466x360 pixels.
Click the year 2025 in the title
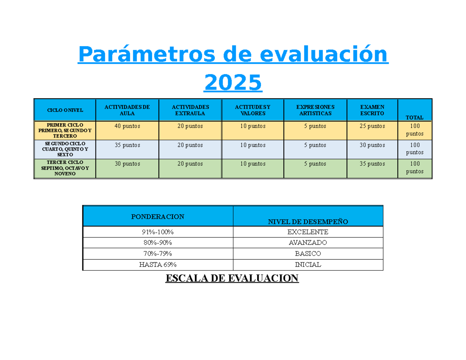(x=233, y=82)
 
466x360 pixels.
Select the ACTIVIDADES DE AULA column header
(x=127, y=110)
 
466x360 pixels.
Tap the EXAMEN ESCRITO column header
(x=372, y=110)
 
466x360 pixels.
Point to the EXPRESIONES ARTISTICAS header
(x=315, y=110)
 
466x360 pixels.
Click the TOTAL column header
(x=414, y=117)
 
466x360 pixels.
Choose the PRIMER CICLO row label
(x=65, y=130)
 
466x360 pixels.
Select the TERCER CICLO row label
(x=65, y=168)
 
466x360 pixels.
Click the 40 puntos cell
(x=127, y=126)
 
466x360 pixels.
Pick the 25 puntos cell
(x=372, y=126)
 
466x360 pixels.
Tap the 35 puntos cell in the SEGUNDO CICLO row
(x=127, y=145)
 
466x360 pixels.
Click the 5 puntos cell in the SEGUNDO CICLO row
(x=315, y=145)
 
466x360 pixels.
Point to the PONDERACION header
(x=158, y=216)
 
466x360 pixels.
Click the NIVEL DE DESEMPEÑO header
(x=308, y=222)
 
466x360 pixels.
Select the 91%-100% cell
(x=158, y=232)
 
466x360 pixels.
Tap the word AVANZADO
(x=308, y=243)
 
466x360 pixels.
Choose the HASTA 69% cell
(x=158, y=265)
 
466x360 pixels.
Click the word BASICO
(x=308, y=254)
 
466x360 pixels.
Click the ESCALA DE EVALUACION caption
(x=232, y=278)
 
